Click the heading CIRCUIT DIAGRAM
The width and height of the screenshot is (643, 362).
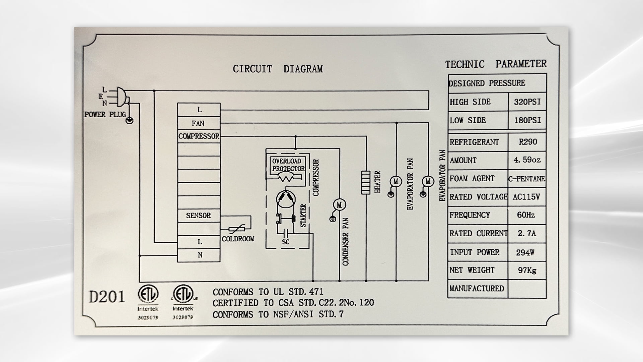(278, 69)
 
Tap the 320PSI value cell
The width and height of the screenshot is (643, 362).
(527, 102)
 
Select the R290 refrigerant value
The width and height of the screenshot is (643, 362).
(528, 142)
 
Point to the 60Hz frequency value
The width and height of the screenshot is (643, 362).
(526, 215)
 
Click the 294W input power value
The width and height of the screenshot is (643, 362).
(525, 252)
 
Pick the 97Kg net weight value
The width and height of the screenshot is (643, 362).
(527, 270)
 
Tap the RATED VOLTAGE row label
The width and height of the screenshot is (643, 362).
(478, 197)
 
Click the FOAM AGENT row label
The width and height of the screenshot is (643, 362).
(472, 179)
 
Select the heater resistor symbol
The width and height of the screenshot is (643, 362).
(366, 182)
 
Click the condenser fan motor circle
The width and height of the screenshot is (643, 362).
(339, 204)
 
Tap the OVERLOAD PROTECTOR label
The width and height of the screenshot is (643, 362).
(288, 165)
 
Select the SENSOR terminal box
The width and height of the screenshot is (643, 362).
(199, 216)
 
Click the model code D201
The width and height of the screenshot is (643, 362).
(107, 297)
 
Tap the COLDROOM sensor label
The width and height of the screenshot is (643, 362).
(238, 239)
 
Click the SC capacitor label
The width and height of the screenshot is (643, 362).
(286, 242)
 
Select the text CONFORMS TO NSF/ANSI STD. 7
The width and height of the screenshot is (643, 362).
(278, 314)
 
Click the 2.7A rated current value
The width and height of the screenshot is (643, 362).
(527, 233)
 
